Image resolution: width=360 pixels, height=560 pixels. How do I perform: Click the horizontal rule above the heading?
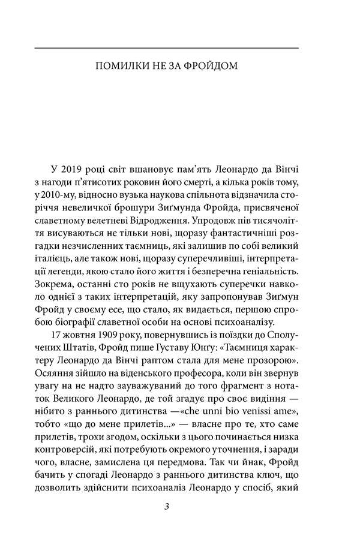pyautogui.click(x=167, y=47)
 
